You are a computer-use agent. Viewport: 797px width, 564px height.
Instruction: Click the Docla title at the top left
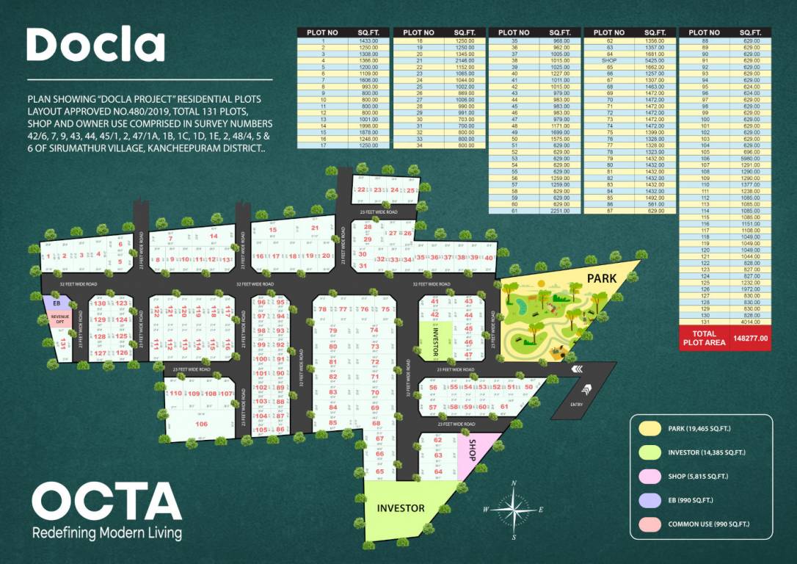[x=95, y=45]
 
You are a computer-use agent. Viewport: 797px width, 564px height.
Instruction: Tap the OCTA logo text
[x=106, y=502]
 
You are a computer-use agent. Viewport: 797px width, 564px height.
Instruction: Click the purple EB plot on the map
[x=56, y=302]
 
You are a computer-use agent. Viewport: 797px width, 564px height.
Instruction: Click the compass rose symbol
[x=513, y=509]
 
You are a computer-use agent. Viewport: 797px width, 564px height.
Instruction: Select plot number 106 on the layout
[x=201, y=424]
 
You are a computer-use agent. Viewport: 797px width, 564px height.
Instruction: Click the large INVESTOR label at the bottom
[x=401, y=508]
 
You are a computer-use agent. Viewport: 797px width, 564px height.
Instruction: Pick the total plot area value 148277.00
[x=750, y=339]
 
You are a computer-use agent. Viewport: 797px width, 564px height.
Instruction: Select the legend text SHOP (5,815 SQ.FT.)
[x=698, y=477]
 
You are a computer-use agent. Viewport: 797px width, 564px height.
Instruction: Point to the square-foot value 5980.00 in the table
[x=750, y=158]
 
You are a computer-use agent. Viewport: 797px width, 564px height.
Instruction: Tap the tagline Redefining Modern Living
[x=107, y=532]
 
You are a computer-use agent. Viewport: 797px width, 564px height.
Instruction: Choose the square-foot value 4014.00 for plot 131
[x=750, y=321]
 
